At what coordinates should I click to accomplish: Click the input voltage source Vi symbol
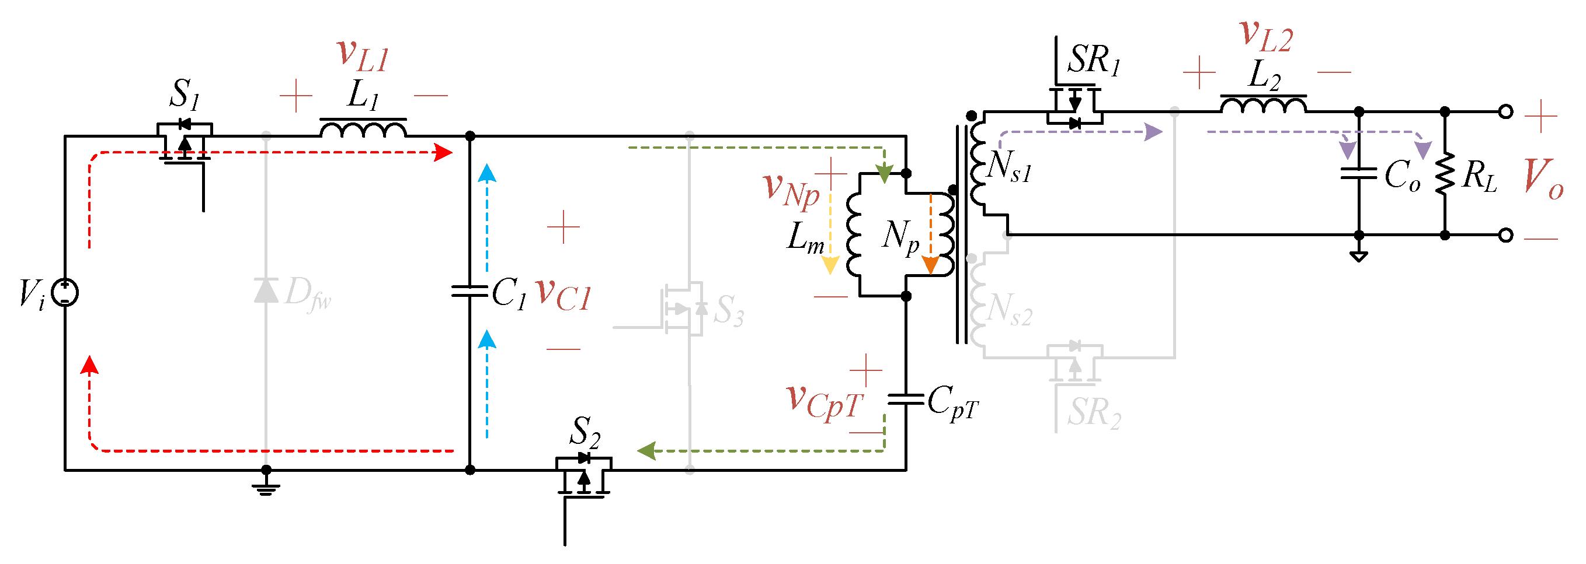tap(65, 292)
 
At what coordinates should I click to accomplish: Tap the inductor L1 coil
tap(363, 128)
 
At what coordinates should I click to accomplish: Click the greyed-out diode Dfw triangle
tap(266, 290)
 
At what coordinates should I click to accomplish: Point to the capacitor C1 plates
tap(469, 291)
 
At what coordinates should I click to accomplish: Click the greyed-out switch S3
tap(683, 309)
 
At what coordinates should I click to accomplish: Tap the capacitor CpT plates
tap(905, 400)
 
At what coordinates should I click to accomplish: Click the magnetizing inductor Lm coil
tap(854, 234)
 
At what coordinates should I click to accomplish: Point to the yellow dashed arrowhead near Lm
tap(830, 265)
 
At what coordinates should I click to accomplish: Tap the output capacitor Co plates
tap(1358, 173)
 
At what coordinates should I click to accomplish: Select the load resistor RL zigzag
tap(1445, 174)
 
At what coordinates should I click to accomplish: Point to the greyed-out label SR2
tap(1094, 412)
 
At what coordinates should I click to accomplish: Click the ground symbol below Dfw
tap(266, 488)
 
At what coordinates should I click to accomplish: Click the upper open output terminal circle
tap(1505, 111)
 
